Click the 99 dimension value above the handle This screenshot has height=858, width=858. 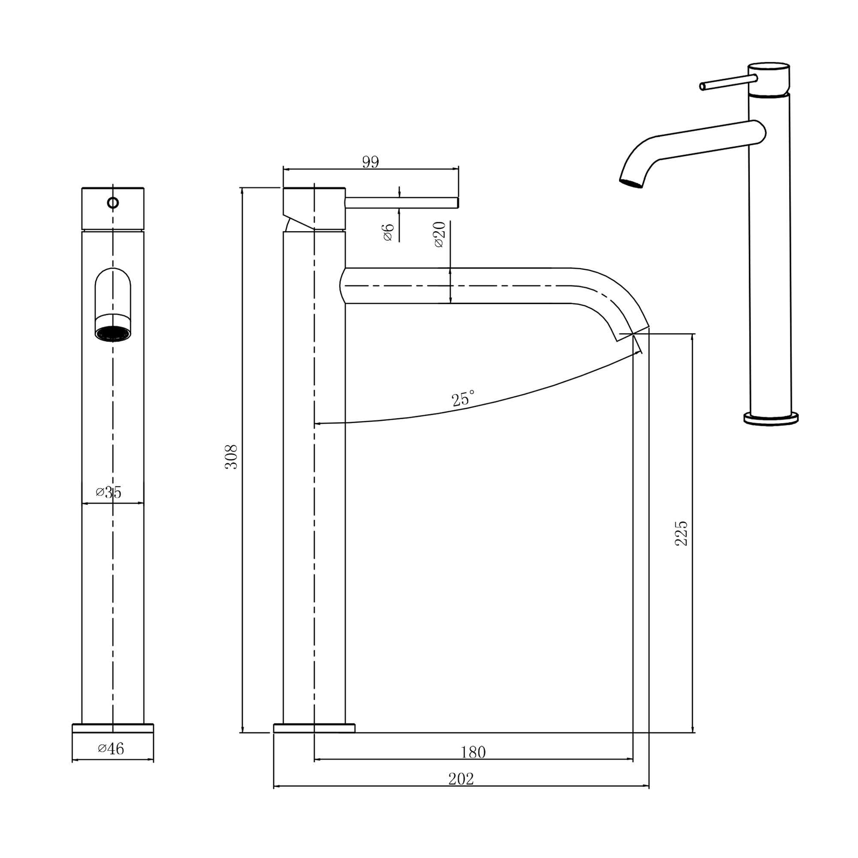[370, 162]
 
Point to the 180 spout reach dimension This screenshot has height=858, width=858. [473, 752]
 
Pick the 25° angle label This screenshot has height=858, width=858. [463, 399]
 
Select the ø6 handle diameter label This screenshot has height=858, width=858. [388, 232]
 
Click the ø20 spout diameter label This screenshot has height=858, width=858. [439, 234]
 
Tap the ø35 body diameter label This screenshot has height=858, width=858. [109, 492]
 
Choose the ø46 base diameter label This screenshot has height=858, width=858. [111, 748]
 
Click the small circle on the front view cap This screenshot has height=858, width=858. [113, 203]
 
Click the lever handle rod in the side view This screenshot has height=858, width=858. [402, 202]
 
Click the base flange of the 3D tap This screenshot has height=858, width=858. [771, 419]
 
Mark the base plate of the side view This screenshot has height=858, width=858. [314, 728]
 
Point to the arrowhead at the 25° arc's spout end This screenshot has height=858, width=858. [640, 352]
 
